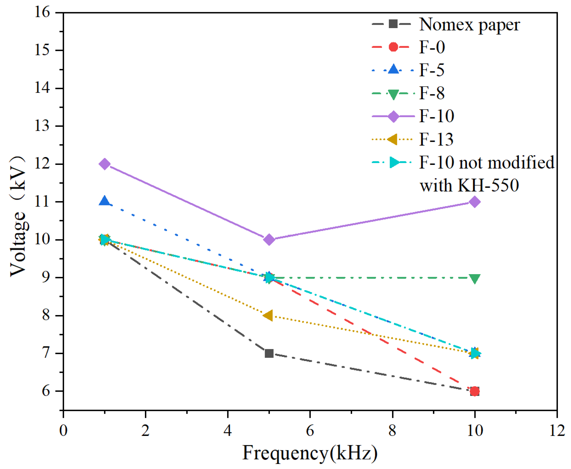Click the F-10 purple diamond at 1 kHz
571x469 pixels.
coord(105,164)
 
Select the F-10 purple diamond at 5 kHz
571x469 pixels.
coord(269,239)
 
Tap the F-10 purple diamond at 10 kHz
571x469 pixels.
coord(474,202)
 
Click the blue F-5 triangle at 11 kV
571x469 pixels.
coord(104,201)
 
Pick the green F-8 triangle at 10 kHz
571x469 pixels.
coord(474,279)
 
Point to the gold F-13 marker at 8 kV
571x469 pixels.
coord(268,315)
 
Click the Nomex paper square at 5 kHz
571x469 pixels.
coord(269,353)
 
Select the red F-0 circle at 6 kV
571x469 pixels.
coord(474,391)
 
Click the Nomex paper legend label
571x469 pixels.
coord(469,25)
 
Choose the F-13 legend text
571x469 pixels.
coord(436,139)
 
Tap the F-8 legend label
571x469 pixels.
coord(432,93)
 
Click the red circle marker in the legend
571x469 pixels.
coord(393,47)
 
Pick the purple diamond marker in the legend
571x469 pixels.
coord(393,116)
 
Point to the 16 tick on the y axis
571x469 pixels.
coord(42,12)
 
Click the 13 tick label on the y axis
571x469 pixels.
coord(42,126)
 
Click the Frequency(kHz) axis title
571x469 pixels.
coord(310,453)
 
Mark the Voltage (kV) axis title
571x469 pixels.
coord(18,215)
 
